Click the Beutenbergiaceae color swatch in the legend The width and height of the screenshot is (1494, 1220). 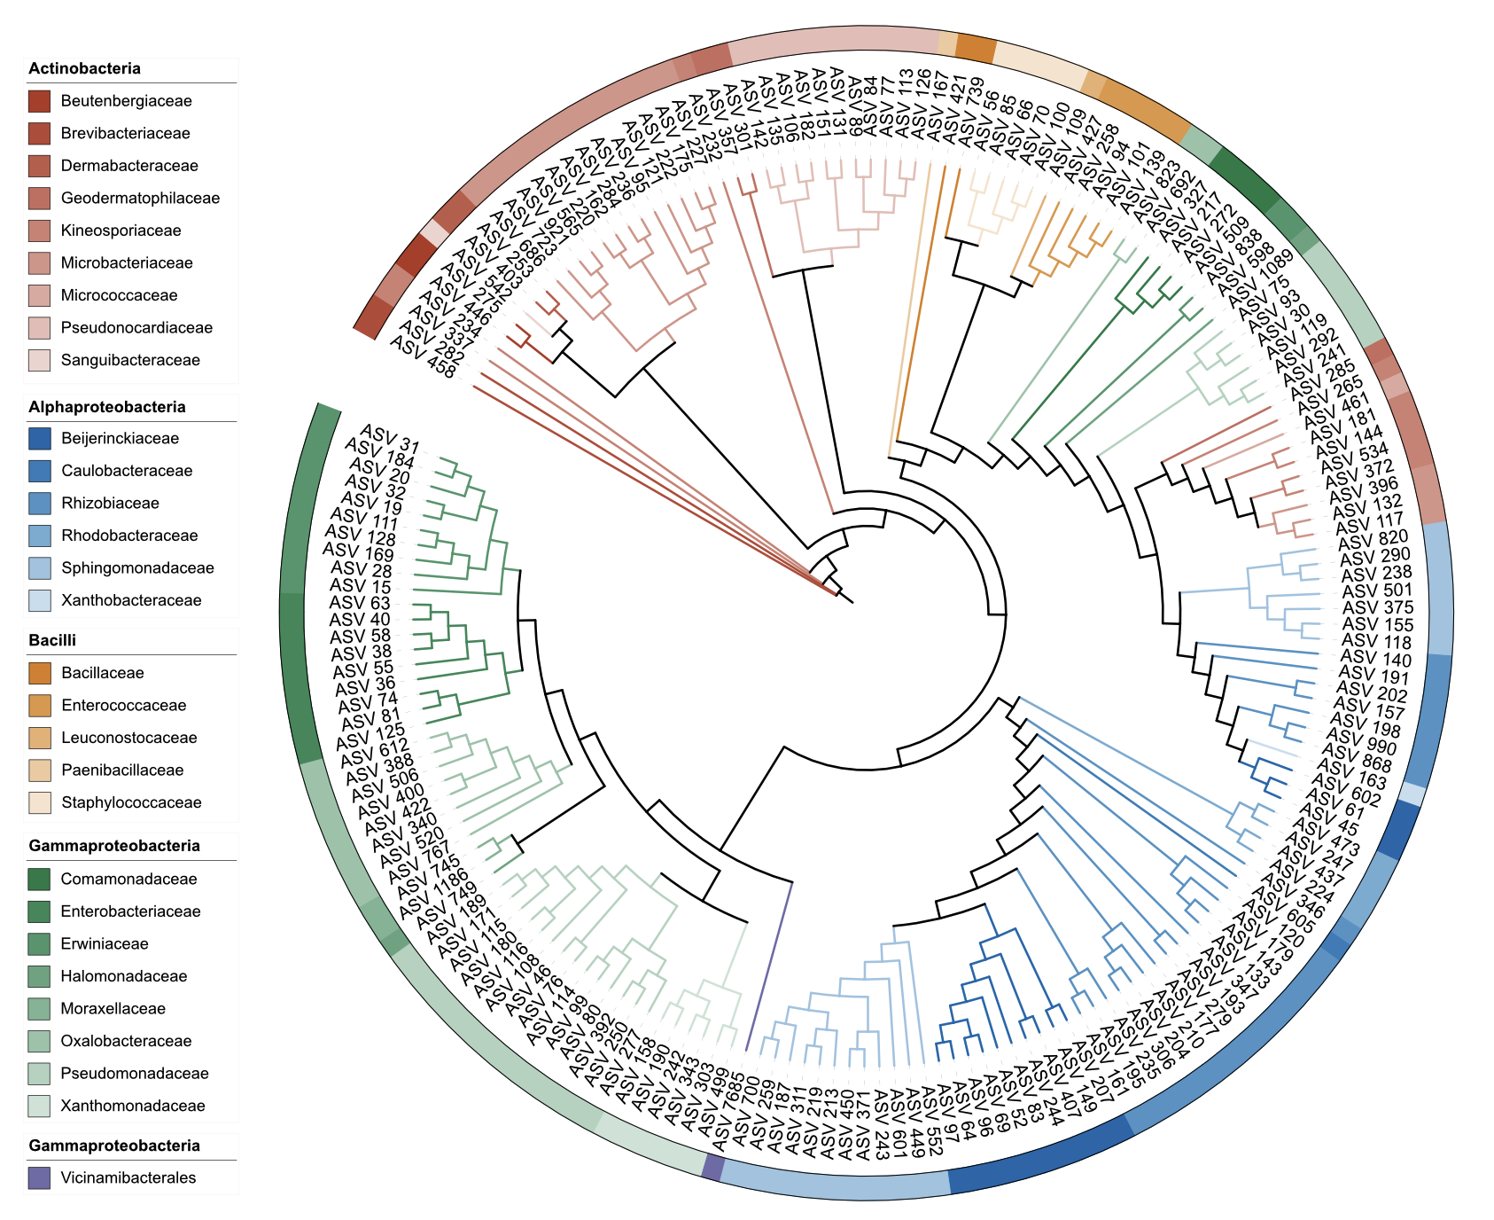pyautogui.click(x=39, y=101)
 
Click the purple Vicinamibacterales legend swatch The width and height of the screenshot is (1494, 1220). pyautogui.click(x=39, y=1178)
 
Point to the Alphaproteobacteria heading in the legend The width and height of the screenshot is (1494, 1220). pyautogui.click(x=106, y=407)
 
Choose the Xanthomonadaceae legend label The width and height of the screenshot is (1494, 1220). pyautogui.click(x=133, y=1106)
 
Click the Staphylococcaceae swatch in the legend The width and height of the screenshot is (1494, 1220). pyautogui.click(x=39, y=802)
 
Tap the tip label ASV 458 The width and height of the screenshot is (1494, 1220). pyautogui.click(x=423, y=358)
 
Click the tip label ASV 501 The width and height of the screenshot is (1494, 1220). pyautogui.click(x=1378, y=590)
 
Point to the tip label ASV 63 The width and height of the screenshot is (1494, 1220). pyautogui.click(x=360, y=603)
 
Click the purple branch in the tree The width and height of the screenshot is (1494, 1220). pyautogui.click(x=769, y=966)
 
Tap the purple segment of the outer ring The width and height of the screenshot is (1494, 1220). pyautogui.click(x=712, y=1167)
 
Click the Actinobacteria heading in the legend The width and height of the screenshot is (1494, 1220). pyautogui.click(x=84, y=68)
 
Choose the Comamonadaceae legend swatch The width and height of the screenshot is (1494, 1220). pyautogui.click(x=39, y=879)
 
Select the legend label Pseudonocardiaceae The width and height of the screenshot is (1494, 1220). pyautogui.click(x=136, y=328)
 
